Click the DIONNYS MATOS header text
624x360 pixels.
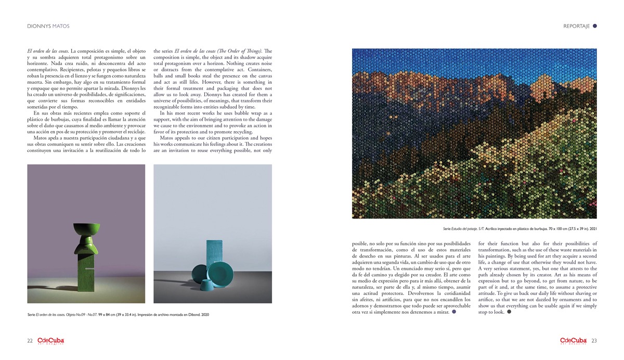[x=48, y=26]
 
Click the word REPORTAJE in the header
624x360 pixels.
[x=576, y=26]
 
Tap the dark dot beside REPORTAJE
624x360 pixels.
[x=595, y=25]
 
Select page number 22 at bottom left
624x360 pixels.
[x=31, y=341]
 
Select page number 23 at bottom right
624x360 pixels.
[x=593, y=341]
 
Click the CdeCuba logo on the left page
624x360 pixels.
[x=50, y=341]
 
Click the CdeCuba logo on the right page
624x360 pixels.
[x=574, y=341]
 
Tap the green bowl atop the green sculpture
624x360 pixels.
[x=87, y=229]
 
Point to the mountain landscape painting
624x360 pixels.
[x=474, y=133]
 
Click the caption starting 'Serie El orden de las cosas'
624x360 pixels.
[x=120, y=315]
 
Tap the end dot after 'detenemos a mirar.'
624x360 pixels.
[x=453, y=313]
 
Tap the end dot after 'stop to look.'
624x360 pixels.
[x=509, y=327]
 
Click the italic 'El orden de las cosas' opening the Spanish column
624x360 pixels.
[x=47, y=51]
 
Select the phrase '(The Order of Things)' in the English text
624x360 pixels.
[x=251, y=51]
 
